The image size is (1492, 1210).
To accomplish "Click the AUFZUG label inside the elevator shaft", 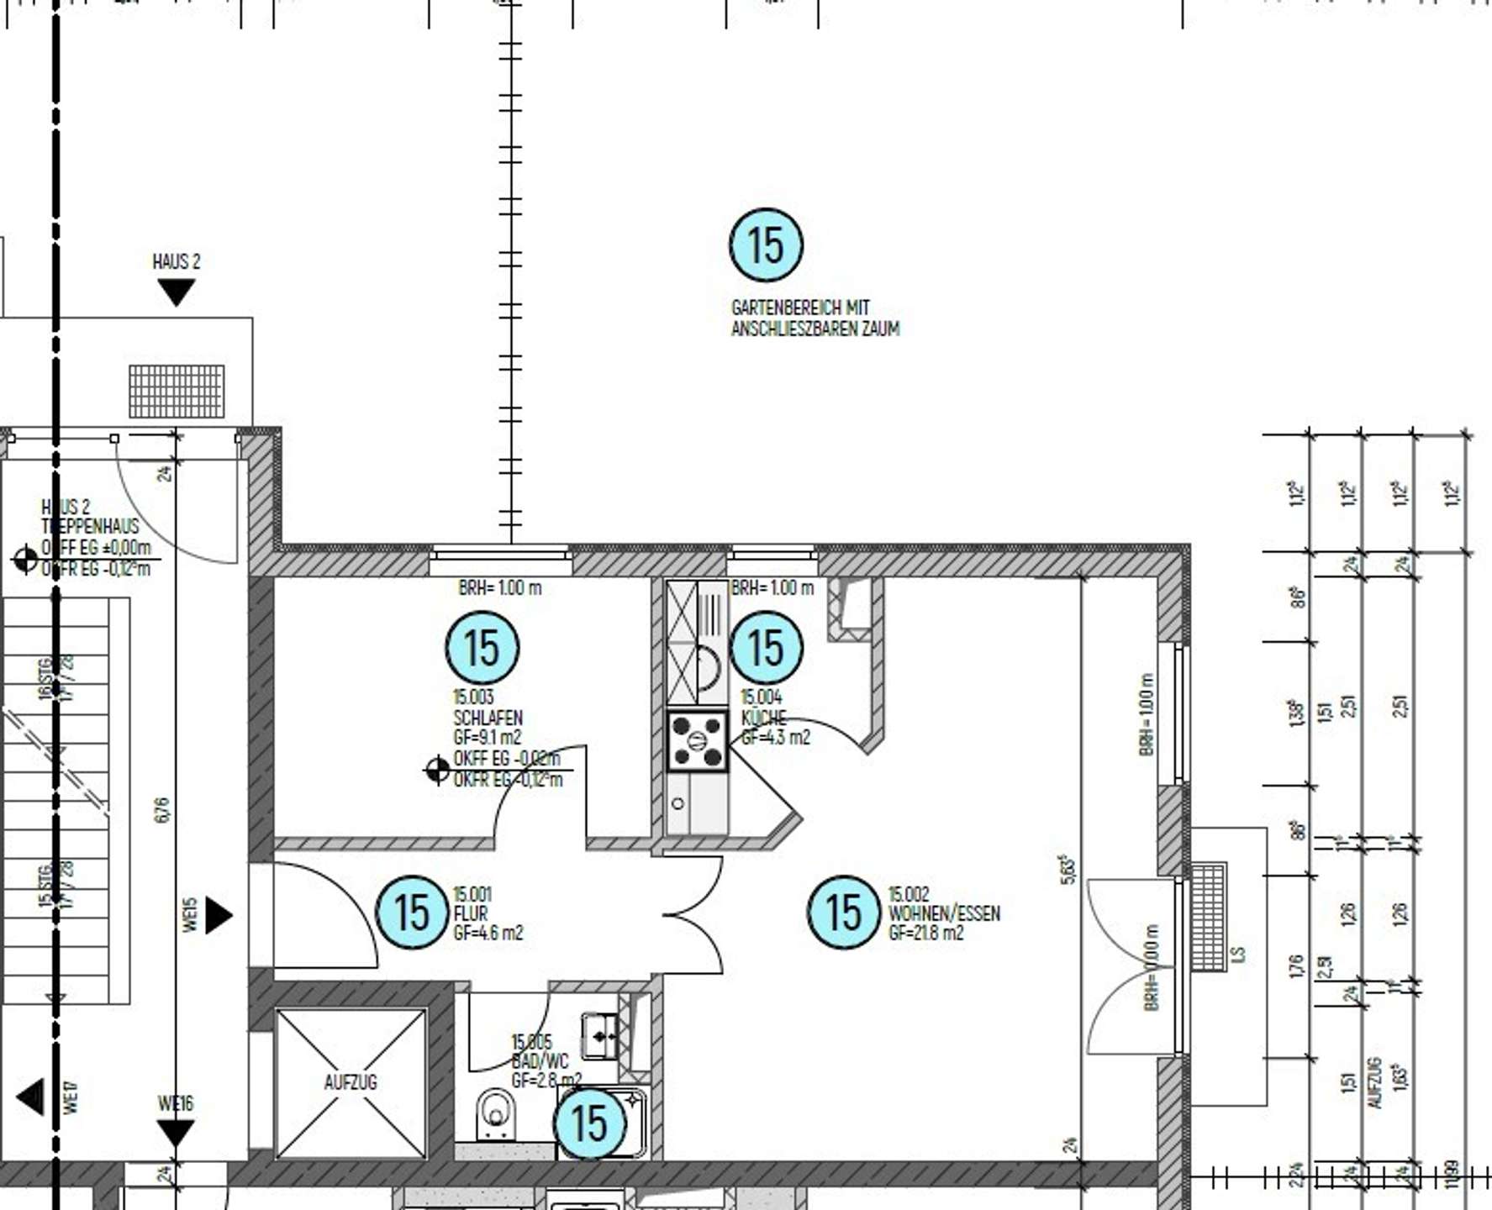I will pos(351,1082).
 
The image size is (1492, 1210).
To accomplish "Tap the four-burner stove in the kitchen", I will pos(697,741).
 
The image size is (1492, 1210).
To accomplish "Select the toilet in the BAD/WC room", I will pos(495,1114).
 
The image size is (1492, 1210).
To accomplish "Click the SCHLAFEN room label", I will pos(488,718).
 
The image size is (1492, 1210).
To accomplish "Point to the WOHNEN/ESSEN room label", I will pos(944,913).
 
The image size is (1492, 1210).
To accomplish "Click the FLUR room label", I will pos(471,913).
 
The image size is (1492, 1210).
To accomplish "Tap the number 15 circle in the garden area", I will pos(766,245).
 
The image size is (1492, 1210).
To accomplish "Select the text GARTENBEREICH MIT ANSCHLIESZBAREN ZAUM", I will pos(814,318).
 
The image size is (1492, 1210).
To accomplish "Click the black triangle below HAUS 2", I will pos(177,292).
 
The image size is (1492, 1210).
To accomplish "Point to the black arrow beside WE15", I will pos(218,915).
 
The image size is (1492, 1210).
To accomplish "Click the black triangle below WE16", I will pos(176,1134).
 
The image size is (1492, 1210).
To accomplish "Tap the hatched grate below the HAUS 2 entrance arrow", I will pos(177,391).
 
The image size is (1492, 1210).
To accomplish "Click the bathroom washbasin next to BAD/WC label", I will pos(600,1036).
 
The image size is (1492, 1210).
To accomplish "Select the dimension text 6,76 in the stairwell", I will pos(162,810).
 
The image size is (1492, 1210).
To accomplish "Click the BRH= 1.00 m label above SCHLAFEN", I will pos(500,587).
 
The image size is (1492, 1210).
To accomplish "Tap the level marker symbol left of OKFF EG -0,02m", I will pos(437,769).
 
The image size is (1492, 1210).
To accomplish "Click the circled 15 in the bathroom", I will pos(590,1123).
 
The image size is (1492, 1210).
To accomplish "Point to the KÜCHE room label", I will pos(763,718).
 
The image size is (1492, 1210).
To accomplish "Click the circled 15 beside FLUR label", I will pos(412,913).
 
